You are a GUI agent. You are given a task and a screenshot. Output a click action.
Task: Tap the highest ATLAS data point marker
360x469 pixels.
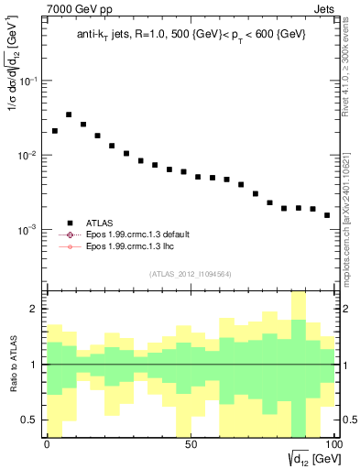tap(69, 115)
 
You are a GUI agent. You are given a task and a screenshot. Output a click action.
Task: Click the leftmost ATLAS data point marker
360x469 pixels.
tap(55, 131)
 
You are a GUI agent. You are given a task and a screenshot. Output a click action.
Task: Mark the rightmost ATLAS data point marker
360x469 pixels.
tap(327, 215)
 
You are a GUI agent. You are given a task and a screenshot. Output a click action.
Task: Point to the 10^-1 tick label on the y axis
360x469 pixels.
tap(27, 82)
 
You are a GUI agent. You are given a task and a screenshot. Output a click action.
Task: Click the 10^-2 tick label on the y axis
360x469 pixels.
tap(27, 156)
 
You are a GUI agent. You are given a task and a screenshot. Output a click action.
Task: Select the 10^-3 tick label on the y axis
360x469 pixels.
tap(27, 230)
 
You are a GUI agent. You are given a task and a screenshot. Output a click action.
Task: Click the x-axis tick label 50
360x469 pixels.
tap(190, 444)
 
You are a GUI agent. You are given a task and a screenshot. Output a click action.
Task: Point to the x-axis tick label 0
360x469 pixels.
tap(48, 444)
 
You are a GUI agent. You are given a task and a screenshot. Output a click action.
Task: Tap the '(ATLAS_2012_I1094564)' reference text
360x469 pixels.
tap(190, 273)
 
